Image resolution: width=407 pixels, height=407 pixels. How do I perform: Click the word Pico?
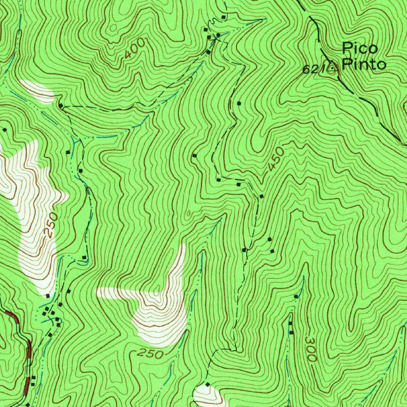360,48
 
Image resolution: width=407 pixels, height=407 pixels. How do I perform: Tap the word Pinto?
364,64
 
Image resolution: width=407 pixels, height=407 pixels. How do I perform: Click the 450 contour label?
276,159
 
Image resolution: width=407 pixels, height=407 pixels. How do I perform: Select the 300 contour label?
311,349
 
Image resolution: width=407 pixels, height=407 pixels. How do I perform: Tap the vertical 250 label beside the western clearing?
51,225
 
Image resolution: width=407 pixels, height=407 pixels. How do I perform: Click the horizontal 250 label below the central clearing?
151,353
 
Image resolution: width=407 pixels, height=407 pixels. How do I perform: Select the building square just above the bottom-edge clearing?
207,384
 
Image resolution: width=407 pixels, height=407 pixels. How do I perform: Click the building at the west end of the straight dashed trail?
60,106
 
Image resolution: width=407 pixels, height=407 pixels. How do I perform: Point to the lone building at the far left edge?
5,130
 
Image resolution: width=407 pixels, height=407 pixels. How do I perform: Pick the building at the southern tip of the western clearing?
48,296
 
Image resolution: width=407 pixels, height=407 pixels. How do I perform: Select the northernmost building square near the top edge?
223,17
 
